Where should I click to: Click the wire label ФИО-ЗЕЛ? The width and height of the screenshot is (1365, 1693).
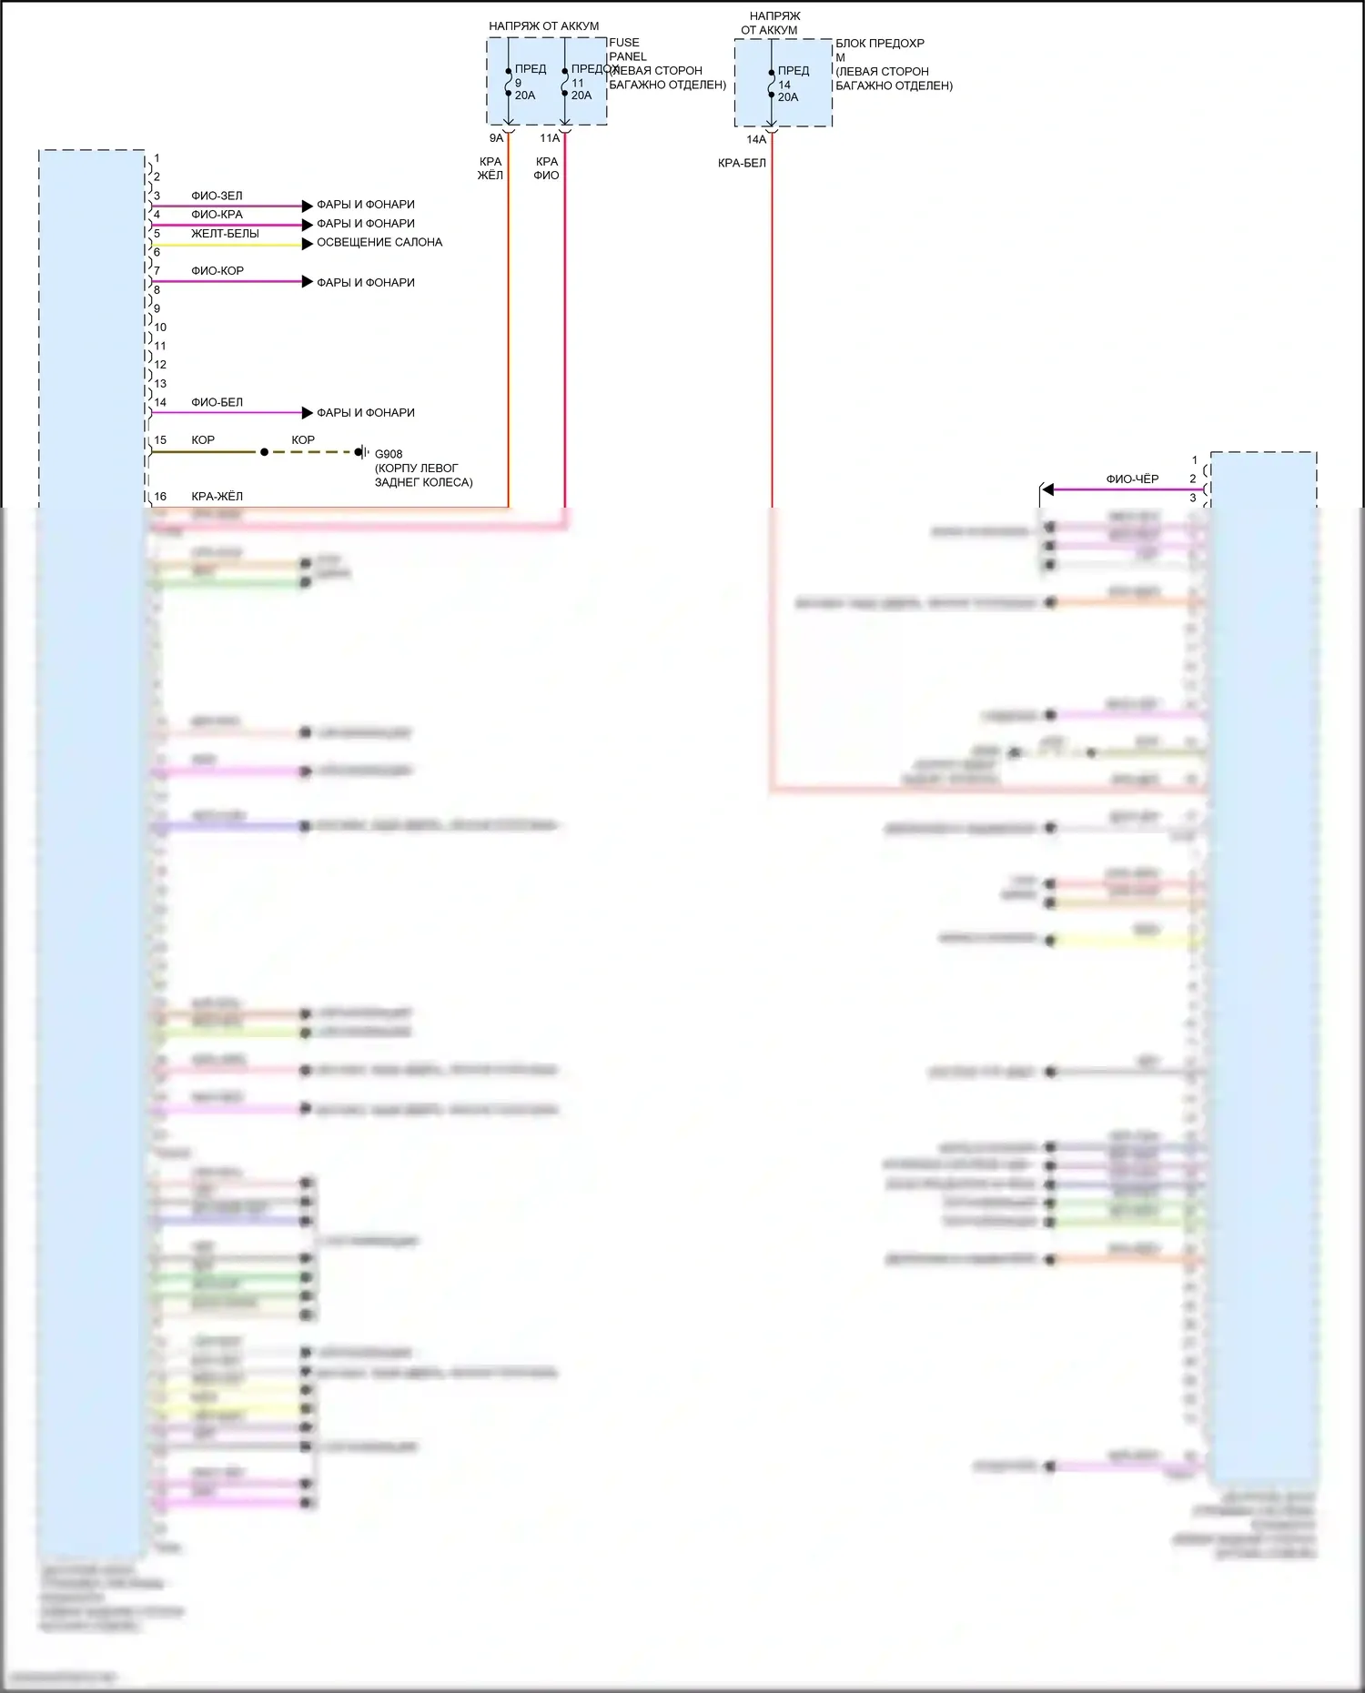pos(217,196)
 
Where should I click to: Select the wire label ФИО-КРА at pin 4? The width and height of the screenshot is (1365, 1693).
pos(217,215)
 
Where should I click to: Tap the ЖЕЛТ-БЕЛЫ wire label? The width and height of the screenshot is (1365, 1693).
pos(225,234)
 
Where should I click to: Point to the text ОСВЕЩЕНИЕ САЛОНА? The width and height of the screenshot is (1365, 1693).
pos(379,243)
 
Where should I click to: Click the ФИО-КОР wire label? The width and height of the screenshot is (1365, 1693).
pos(217,271)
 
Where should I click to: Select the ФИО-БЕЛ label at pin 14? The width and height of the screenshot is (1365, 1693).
pos(217,402)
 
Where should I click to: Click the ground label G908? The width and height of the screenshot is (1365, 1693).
pos(389,454)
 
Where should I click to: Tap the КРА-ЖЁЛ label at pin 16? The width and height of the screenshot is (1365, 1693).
pos(217,497)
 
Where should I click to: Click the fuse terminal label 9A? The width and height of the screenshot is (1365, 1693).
pos(496,138)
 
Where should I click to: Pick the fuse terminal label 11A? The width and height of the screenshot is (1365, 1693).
pos(550,138)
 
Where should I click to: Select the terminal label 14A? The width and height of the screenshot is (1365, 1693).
pos(756,140)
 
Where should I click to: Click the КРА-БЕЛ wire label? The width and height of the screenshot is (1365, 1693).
pos(742,164)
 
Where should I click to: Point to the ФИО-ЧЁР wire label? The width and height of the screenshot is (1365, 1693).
pos(1132,479)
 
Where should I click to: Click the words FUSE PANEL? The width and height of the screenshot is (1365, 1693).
pos(627,50)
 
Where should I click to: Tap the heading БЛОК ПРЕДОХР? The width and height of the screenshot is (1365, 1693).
pos(880,44)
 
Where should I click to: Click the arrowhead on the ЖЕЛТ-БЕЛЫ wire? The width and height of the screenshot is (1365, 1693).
pos(308,244)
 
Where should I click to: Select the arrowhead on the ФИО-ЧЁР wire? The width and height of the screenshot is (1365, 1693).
pos(1047,489)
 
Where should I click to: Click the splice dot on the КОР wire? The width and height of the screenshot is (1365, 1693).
pos(265,452)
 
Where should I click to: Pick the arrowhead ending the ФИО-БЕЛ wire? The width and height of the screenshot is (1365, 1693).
pos(308,412)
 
